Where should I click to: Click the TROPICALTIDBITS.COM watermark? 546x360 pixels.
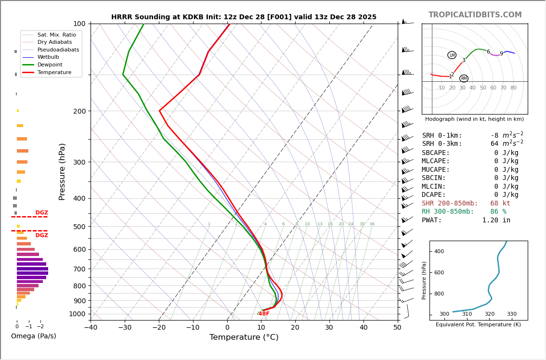475,15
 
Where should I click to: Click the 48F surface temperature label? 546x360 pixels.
264,314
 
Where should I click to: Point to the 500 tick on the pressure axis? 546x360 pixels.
79,227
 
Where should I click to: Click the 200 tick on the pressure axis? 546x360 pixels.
79,111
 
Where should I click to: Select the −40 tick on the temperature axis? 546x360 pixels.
91,328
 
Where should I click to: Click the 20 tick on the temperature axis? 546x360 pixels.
295,328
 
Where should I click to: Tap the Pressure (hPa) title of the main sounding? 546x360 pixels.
63,171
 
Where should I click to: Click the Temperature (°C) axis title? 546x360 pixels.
244,338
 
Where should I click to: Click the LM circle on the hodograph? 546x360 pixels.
452,55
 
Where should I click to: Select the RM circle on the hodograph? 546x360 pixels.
464,78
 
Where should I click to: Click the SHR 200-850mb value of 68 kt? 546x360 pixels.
500,204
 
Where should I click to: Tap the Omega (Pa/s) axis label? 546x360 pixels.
34,336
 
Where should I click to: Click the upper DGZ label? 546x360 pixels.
41,213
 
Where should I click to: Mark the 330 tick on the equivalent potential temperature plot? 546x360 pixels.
511,314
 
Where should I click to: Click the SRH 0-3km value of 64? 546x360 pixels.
494,144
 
